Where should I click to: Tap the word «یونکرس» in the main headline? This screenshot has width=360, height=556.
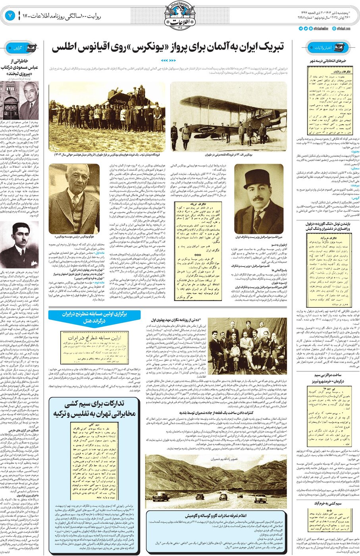pos(147,47)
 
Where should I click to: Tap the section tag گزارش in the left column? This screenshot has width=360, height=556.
pos(18,48)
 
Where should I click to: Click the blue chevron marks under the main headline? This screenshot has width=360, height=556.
pos(168,60)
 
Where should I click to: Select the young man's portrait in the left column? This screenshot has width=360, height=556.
pos(19,243)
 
